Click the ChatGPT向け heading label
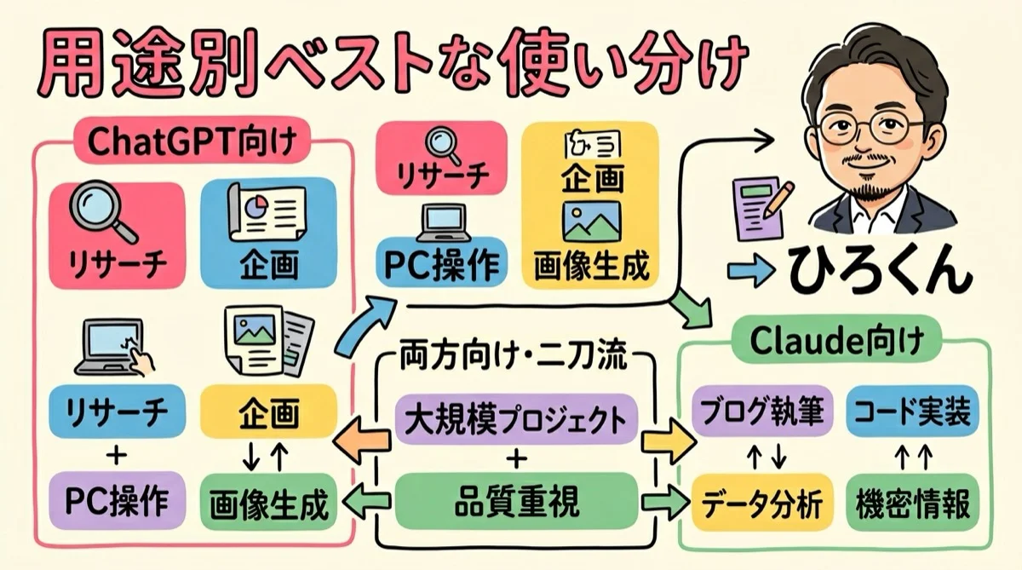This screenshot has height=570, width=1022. [x=192, y=141]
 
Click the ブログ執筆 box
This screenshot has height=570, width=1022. [x=757, y=414]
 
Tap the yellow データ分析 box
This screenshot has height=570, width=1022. [x=757, y=504]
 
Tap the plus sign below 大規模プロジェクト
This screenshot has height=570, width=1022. [x=517, y=461]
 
